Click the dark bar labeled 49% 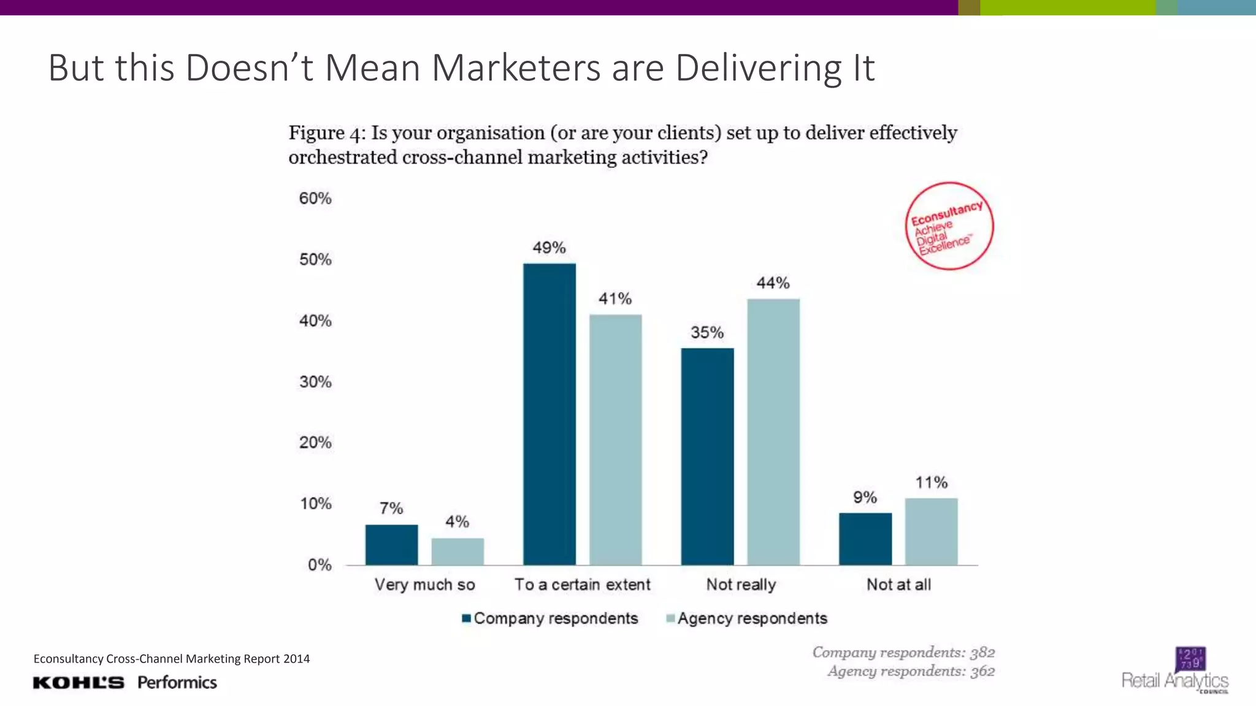coord(549,414)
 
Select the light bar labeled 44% coord(773,431)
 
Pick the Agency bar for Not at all coord(931,531)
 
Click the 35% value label coord(707,333)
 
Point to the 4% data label coord(457,522)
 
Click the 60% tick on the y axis coord(315,199)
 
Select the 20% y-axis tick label coord(315,442)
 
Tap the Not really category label coord(741,585)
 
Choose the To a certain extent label coord(582,585)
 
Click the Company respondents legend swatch coord(467,618)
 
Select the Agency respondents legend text coord(752,618)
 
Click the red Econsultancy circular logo coord(949,226)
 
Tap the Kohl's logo coord(78,683)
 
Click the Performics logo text coord(177,683)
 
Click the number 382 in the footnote coord(982,652)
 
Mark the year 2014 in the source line coord(296,659)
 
